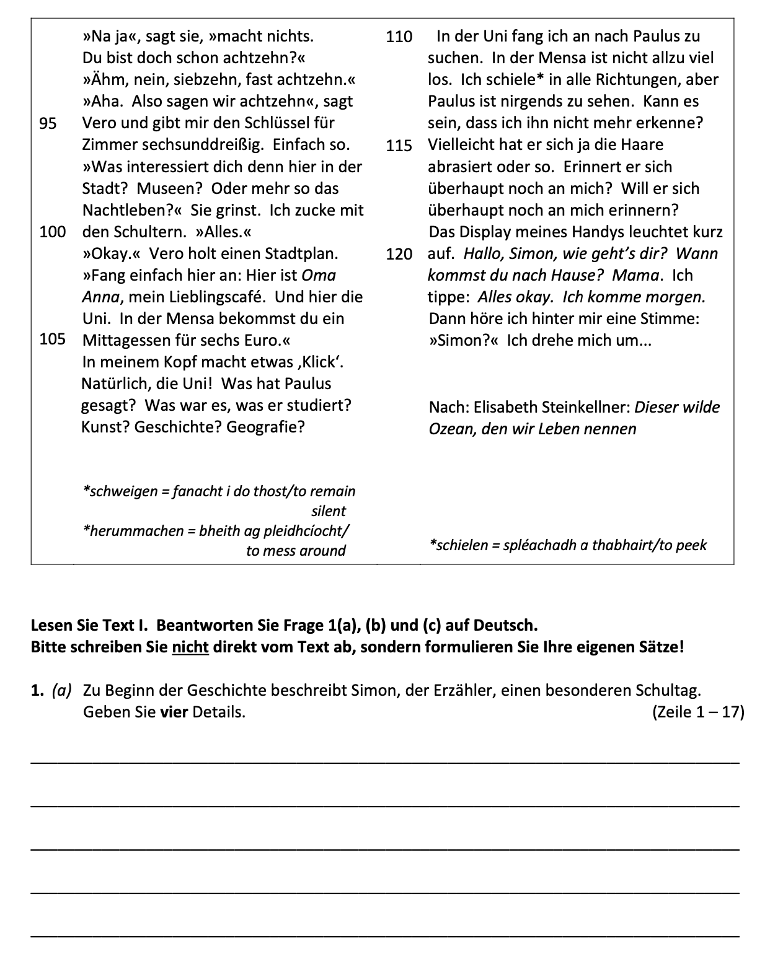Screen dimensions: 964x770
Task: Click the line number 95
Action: pyautogui.click(x=48, y=123)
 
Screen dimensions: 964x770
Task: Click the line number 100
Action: pyautogui.click(x=52, y=232)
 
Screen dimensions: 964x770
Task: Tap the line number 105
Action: pyautogui.click(x=52, y=340)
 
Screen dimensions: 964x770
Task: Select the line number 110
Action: pyautogui.click(x=399, y=37)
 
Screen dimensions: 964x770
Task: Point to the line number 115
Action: pyautogui.click(x=399, y=146)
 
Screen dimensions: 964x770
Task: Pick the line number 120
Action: pyautogui.click(x=399, y=254)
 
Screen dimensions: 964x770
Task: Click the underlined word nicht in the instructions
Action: pyautogui.click(x=190, y=647)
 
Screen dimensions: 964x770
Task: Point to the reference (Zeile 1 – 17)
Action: pyautogui.click(x=698, y=712)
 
